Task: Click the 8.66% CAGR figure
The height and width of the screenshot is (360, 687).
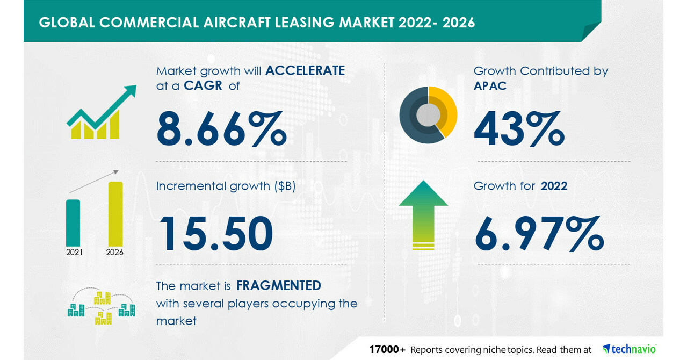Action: tap(221, 128)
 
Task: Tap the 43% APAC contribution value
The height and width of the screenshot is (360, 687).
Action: tap(519, 128)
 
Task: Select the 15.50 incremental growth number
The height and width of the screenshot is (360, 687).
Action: tap(216, 233)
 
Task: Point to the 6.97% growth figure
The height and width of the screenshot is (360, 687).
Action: tap(539, 234)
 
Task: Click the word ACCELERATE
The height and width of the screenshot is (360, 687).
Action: tap(305, 71)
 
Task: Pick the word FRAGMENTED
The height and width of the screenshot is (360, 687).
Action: tap(278, 286)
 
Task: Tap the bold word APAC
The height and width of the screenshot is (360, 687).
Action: tap(490, 87)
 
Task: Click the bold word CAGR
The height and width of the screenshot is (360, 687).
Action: tap(203, 85)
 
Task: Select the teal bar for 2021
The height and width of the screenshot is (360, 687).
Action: tap(73, 223)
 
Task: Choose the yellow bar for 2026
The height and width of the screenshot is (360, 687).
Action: tap(115, 214)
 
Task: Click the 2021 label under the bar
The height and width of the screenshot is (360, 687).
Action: tap(74, 253)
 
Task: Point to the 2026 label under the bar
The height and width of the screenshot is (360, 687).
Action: tap(115, 253)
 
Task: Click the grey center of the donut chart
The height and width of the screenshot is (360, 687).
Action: tap(428, 115)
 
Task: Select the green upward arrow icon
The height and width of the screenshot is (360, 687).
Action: tap(423, 215)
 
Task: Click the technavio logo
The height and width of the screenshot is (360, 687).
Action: tap(630, 349)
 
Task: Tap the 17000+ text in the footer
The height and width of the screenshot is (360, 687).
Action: tap(387, 350)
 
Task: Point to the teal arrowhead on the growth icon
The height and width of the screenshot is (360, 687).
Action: tap(129, 91)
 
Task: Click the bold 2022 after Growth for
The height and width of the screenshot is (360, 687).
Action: tap(554, 186)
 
